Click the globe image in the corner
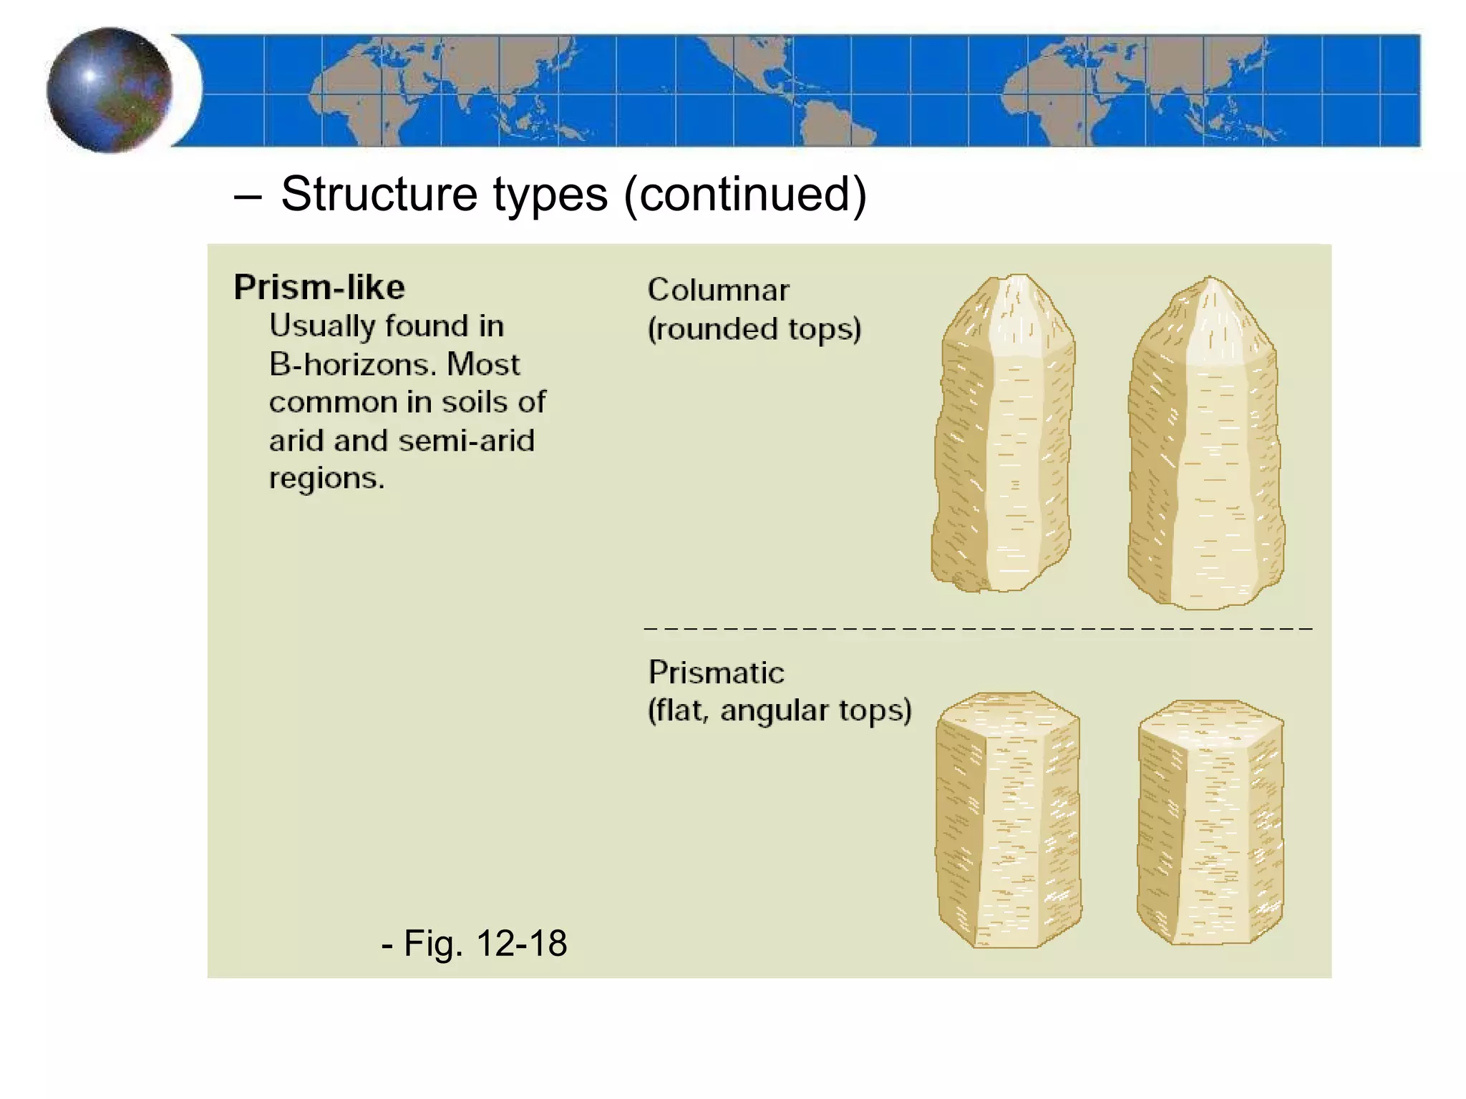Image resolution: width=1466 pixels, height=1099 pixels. click(x=109, y=90)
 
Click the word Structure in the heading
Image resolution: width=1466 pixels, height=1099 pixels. click(x=379, y=194)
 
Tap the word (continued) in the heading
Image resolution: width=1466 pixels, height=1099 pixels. click(x=745, y=194)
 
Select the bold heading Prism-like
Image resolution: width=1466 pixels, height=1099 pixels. click(x=319, y=288)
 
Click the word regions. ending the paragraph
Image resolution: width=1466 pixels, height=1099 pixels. click(x=326, y=478)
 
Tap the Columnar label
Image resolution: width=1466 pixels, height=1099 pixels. click(x=718, y=290)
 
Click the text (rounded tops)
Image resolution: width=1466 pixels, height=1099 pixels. click(x=754, y=329)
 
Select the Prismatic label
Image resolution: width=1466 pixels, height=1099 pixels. click(x=716, y=673)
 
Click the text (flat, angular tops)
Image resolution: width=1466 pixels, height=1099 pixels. click(x=780, y=710)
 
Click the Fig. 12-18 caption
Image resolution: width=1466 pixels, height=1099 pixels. click(x=475, y=943)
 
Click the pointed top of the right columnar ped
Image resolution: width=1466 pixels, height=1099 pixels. click(x=1210, y=304)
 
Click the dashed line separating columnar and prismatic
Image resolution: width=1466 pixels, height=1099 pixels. click(x=978, y=628)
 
